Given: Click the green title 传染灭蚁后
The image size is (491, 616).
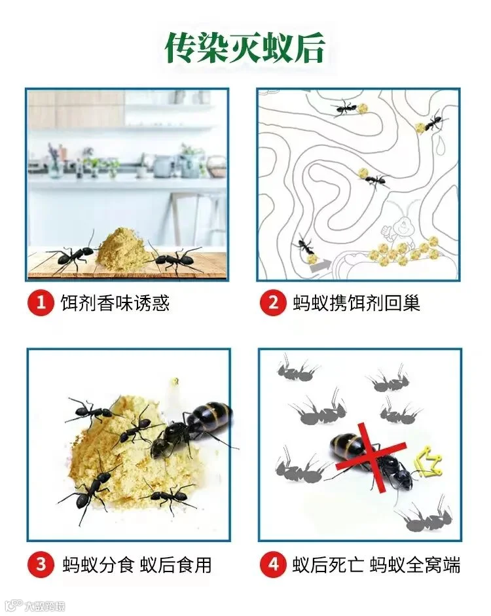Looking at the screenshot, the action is [x=245, y=48].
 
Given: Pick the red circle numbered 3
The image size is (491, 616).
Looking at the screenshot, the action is [x=41, y=564].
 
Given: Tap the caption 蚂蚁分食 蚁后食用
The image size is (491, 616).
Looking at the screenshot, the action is [x=137, y=565].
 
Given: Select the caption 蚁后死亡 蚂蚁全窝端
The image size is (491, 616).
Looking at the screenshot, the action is [x=376, y=565].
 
